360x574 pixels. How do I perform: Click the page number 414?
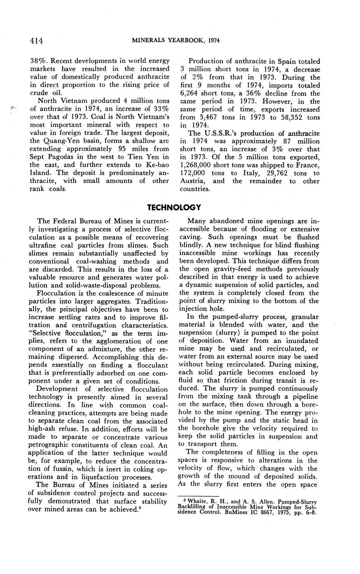(x=37, y=40)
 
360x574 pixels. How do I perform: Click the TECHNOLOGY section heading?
(x=174, y=207)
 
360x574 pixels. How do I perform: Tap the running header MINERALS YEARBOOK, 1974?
(x=175, y=40)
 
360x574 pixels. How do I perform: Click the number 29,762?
(x=276, y=173)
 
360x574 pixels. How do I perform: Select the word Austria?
(x=193, y=181)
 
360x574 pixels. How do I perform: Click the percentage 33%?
(x=160, y=109)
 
